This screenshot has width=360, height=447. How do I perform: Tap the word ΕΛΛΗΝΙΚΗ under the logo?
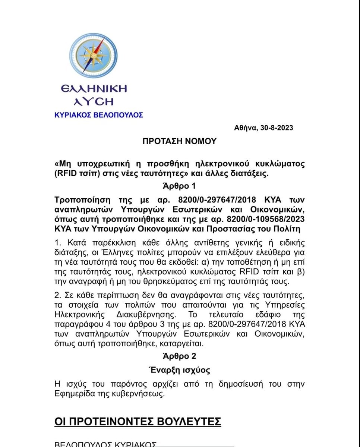pyautogui.click(x=94, y=89)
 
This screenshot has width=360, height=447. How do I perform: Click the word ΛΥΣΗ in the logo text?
pyautogui.click(x=94, y=101)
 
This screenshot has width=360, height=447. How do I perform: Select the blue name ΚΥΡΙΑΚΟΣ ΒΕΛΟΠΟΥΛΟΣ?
pyautogui.click(x=99, y=115)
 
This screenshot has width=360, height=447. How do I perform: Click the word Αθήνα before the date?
pyautogui.click(x=245, y=128)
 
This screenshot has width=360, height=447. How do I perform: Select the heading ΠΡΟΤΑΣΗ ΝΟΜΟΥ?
pyautogui.click(x=179, y=141)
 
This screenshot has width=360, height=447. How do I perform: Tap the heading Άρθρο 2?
pyautogui.click(x=179, y=356)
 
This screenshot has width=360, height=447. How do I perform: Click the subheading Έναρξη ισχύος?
pyautogui.click(x=179, y=370)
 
